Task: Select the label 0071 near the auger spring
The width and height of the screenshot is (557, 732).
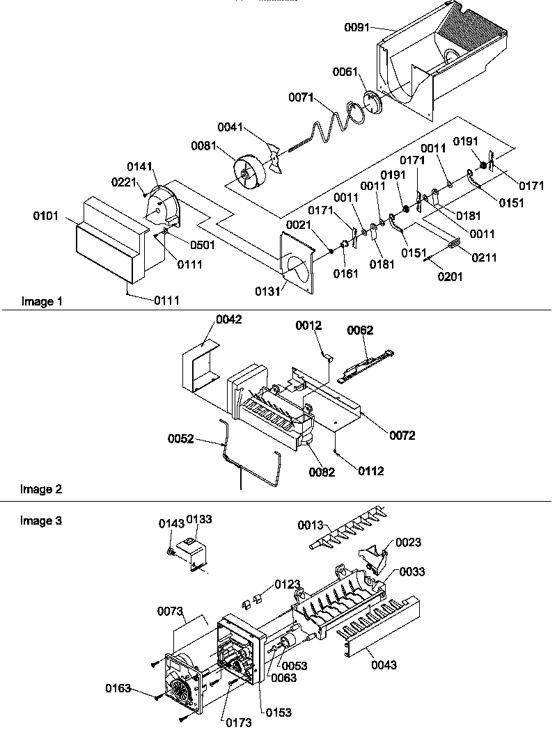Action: click(301, 99)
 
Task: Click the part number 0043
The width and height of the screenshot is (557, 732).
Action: click(384, 665)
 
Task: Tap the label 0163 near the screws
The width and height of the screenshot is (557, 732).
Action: click(118, 689)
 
